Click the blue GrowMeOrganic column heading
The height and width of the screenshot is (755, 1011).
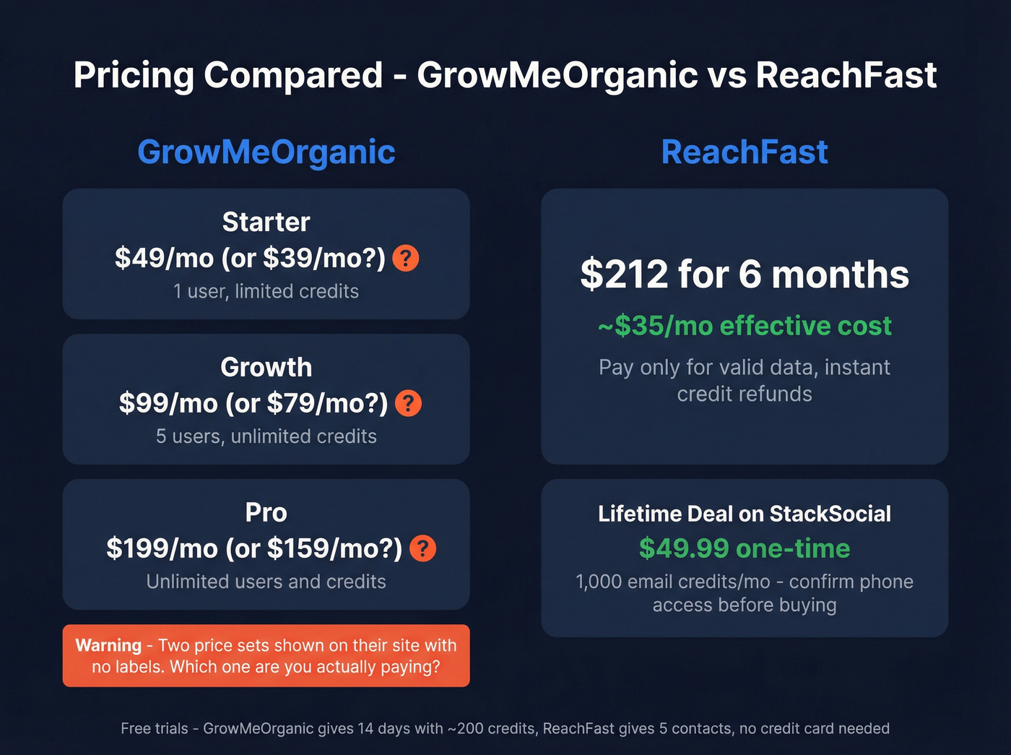coord(266,152)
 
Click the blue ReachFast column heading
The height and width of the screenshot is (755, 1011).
coord(745,152)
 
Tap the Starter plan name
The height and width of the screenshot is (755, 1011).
coord(266,222)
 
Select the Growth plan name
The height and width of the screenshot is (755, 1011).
coord(266,367)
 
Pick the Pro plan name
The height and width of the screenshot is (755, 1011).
coord(266,512)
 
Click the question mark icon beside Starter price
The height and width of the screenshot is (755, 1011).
coord(406,258)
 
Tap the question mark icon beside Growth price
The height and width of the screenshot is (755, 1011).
coord(409,403)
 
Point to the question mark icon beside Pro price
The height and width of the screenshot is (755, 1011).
coord(422,548)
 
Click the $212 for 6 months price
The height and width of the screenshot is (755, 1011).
coord(745,275)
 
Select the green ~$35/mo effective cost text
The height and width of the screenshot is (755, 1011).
coord(745,326)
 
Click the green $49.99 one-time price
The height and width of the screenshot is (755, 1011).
coord(745,548)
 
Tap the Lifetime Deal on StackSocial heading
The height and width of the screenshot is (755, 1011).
coord(745,514)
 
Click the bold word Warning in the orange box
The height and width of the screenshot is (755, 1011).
coord(108,645)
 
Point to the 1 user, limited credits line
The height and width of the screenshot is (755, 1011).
coord(266,291)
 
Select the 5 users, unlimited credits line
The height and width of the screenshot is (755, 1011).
coord(266,436)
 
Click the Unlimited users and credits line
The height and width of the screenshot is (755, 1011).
coord(266,582)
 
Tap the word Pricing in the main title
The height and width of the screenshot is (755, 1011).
coord(134,75)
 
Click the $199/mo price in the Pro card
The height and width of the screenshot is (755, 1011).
coord(162,548)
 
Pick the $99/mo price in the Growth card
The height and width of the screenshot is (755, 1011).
coord(168,403)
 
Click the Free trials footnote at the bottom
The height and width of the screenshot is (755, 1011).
coord(505,728)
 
